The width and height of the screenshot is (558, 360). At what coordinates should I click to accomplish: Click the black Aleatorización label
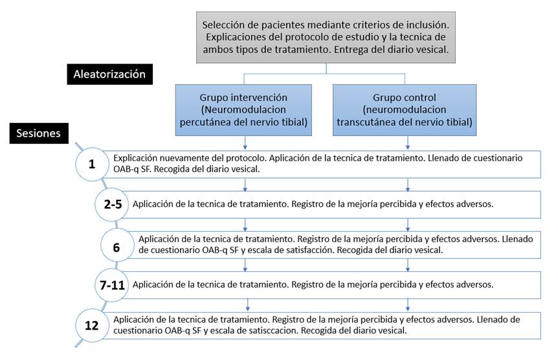click(x=109, y=74)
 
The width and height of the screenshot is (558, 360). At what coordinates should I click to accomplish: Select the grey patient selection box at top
click(x=326, y=38)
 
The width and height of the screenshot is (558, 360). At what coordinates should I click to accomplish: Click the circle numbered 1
click(x=93, y=165)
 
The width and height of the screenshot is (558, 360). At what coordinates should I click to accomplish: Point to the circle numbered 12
click(x=93, y=325)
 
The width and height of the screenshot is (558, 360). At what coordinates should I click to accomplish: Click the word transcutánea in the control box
click(x=377, y=120)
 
